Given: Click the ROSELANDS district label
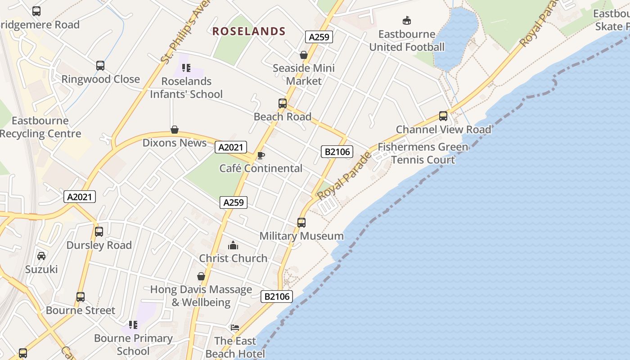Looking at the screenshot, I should coord(249,31).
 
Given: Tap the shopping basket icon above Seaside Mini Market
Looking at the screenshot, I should coord(304,55).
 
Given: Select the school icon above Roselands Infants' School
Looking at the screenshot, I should coord(186,68).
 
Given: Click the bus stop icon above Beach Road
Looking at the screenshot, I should coord(283,103).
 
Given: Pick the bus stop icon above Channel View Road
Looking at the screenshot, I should coord(443,116).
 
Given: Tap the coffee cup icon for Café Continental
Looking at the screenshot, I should coord(261,156).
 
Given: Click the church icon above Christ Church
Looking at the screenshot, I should coord(233,245).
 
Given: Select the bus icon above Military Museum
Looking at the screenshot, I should coord(301,222).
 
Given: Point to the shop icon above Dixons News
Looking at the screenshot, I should coord(175,130).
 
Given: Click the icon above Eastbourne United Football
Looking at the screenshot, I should coord(407,20).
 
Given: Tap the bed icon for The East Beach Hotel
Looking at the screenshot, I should coord(234,327).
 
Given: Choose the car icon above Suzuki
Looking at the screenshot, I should coord(41,256).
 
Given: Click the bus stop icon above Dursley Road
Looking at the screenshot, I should coord(99,232).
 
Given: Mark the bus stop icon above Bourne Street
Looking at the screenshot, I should coord(81,297).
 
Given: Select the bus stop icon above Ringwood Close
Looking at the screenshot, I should coord(100,66).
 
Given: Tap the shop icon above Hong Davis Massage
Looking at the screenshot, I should coord(201,276).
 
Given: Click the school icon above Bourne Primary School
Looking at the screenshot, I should coord(133,324).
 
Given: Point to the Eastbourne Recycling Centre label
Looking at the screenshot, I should coord(40,127).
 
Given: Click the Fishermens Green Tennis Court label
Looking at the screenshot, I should coord(423,153).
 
